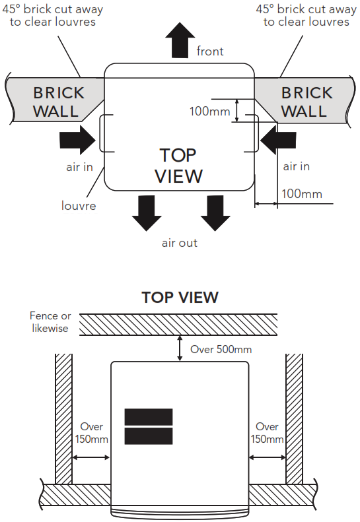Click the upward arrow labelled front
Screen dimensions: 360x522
pyautogui.click(x=180, y=40)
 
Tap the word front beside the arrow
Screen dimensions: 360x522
pyautogui.click(x=210, y=51)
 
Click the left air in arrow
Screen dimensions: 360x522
pyautogui.click(x=78, y=139)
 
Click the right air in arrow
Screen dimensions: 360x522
pyautogui.click(x=278, y=139)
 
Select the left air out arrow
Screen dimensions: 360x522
pyautogui.click(x=147, y=213)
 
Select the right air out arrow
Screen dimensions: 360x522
pyautogui.click(x=215, y=213)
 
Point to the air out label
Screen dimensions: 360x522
pyautogui.click(x=179, y=243)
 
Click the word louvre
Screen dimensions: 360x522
pyautogui.click(x=79, y=205)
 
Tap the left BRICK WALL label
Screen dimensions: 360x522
pyautogui.click(x=58, y=102)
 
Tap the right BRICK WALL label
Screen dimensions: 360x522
pyautogui.click(x=306, y=102)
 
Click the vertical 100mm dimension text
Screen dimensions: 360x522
pyautogui.click(x=209, y=111)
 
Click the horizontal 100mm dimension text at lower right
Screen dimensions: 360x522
pyautogui.click(x=302, y=194)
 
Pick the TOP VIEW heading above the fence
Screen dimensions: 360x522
pyautogui.click(x=180, y=297)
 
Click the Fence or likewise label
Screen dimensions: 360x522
pyautogui.click(x=50, y=322)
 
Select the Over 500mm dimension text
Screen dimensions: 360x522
pyautogui.click(x=221, y=349)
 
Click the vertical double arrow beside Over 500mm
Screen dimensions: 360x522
pyautogui.click(x=180, y=348)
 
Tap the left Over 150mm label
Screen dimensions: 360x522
pyautogui.click(x=92, y=433)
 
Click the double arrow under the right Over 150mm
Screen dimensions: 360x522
pyautogui.click(x=268, y=458)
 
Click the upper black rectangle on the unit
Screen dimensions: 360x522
pyautogui.click(x=149, y=417)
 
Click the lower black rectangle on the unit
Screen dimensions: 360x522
pyautogui.click(x=149, y=436)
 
